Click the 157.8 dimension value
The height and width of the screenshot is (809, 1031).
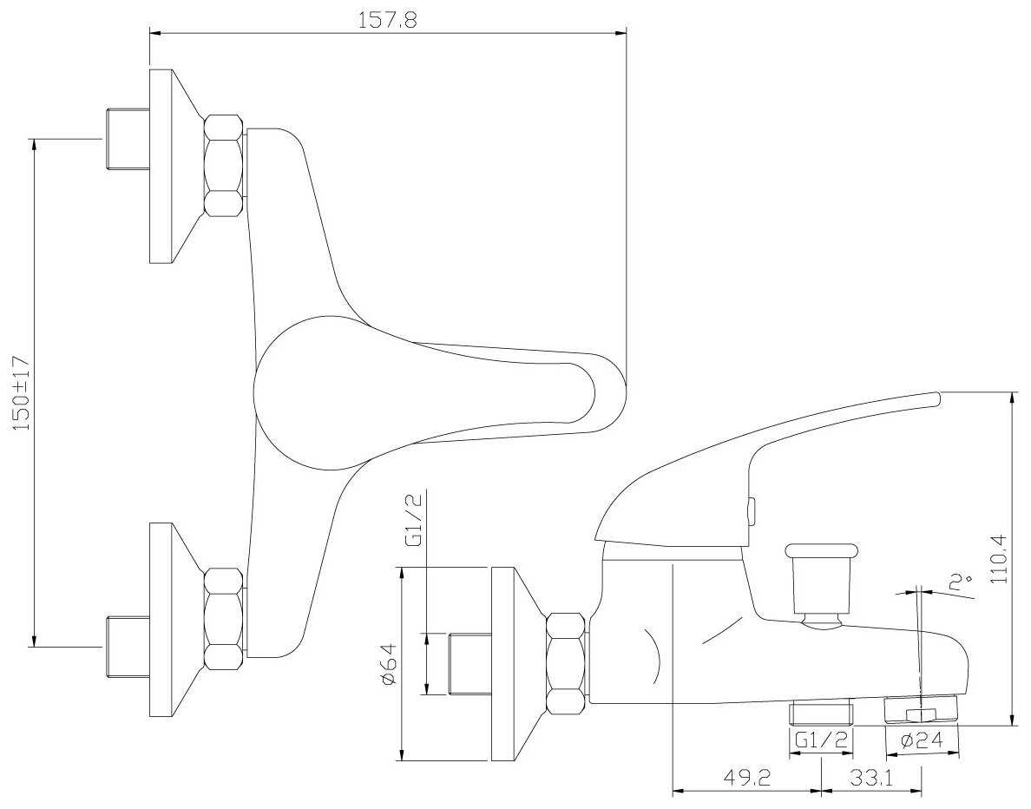(387, 20)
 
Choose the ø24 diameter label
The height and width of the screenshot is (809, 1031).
(921, 741)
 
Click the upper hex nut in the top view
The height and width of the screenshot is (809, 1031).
(223, 166)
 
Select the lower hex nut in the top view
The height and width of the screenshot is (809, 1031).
(223, 618)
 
